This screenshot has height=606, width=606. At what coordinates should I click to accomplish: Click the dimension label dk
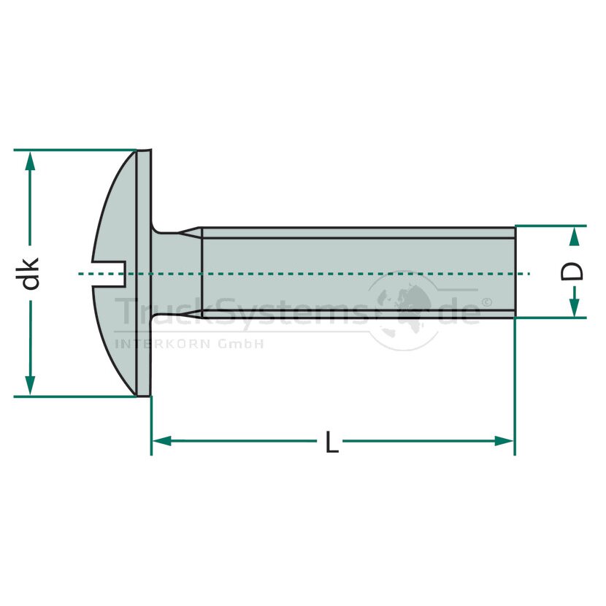[31, 274]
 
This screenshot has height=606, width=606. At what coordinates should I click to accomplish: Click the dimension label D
[572, 272]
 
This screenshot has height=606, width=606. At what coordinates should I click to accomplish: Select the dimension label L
[331, 442]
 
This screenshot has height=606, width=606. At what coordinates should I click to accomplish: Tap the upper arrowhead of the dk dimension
[30, 161]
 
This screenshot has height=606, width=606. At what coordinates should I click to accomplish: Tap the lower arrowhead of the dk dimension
[30, 385]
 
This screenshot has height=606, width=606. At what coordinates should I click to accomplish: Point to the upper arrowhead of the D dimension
[575, 236]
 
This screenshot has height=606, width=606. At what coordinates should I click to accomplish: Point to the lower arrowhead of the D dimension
[575, 307]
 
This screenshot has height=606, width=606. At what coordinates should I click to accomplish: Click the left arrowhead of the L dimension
[162, 441]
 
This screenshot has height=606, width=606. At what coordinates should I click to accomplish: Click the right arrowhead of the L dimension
[504, 441]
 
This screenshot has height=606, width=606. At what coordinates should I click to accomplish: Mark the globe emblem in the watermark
[404, 310]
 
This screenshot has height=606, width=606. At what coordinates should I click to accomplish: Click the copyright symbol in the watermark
[486, 302]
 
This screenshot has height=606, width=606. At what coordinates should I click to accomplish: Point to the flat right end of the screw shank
[515, 272]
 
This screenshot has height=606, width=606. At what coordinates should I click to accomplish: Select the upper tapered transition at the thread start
[190, 231]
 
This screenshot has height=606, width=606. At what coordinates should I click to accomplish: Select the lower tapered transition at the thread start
[190, 313]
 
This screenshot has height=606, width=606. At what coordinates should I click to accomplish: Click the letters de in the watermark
[460, 310]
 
